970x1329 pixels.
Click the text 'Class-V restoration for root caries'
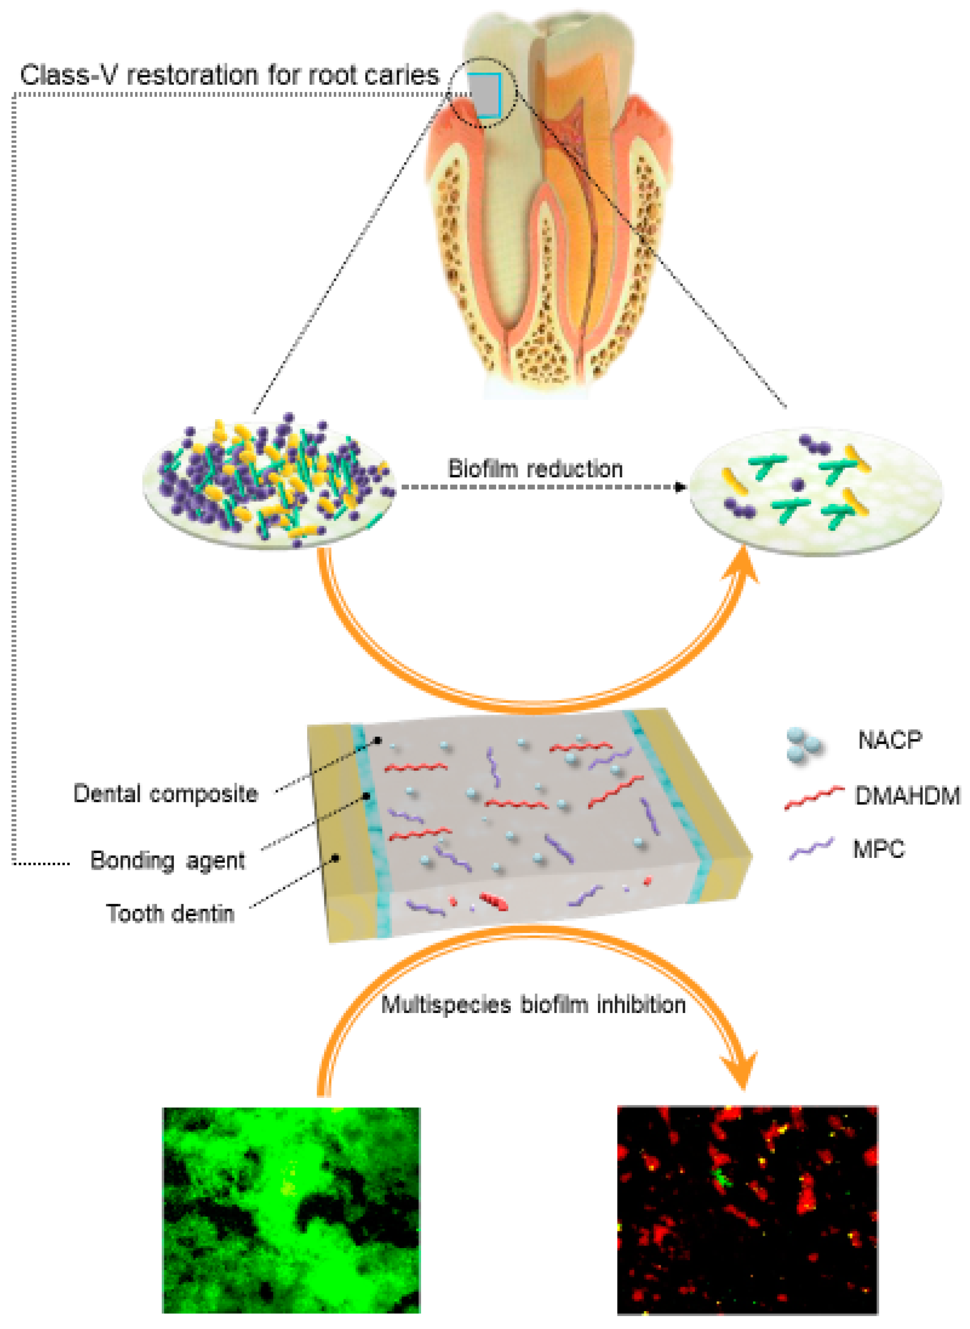pyautogui.click(x=229, y=75)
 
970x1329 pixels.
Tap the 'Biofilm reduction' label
pyautogui.click(x=535, y=469)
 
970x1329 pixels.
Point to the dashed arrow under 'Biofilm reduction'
pyautogui.click(x=540, y=487)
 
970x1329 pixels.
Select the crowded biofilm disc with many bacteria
pyautogui.click(x=269, y=483)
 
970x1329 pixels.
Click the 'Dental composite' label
pyautogui.click(x=165, y=794)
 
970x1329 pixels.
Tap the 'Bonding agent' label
pyautogui.click(x=167, y=861)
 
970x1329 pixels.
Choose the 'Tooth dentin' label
pyautogui.click(x=170, y=914)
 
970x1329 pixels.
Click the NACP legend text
pyautogui.click(x=890, y=740)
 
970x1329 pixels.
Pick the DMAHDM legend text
pyautogui.click(x=907, y=796)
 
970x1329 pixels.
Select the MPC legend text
pyautogui.click(x=878, y=849)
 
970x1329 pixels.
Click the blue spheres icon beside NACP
pyautogui.click(x=805, y=745)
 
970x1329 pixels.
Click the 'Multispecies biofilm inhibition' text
pyautogui.click(x=533, y=1005)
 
